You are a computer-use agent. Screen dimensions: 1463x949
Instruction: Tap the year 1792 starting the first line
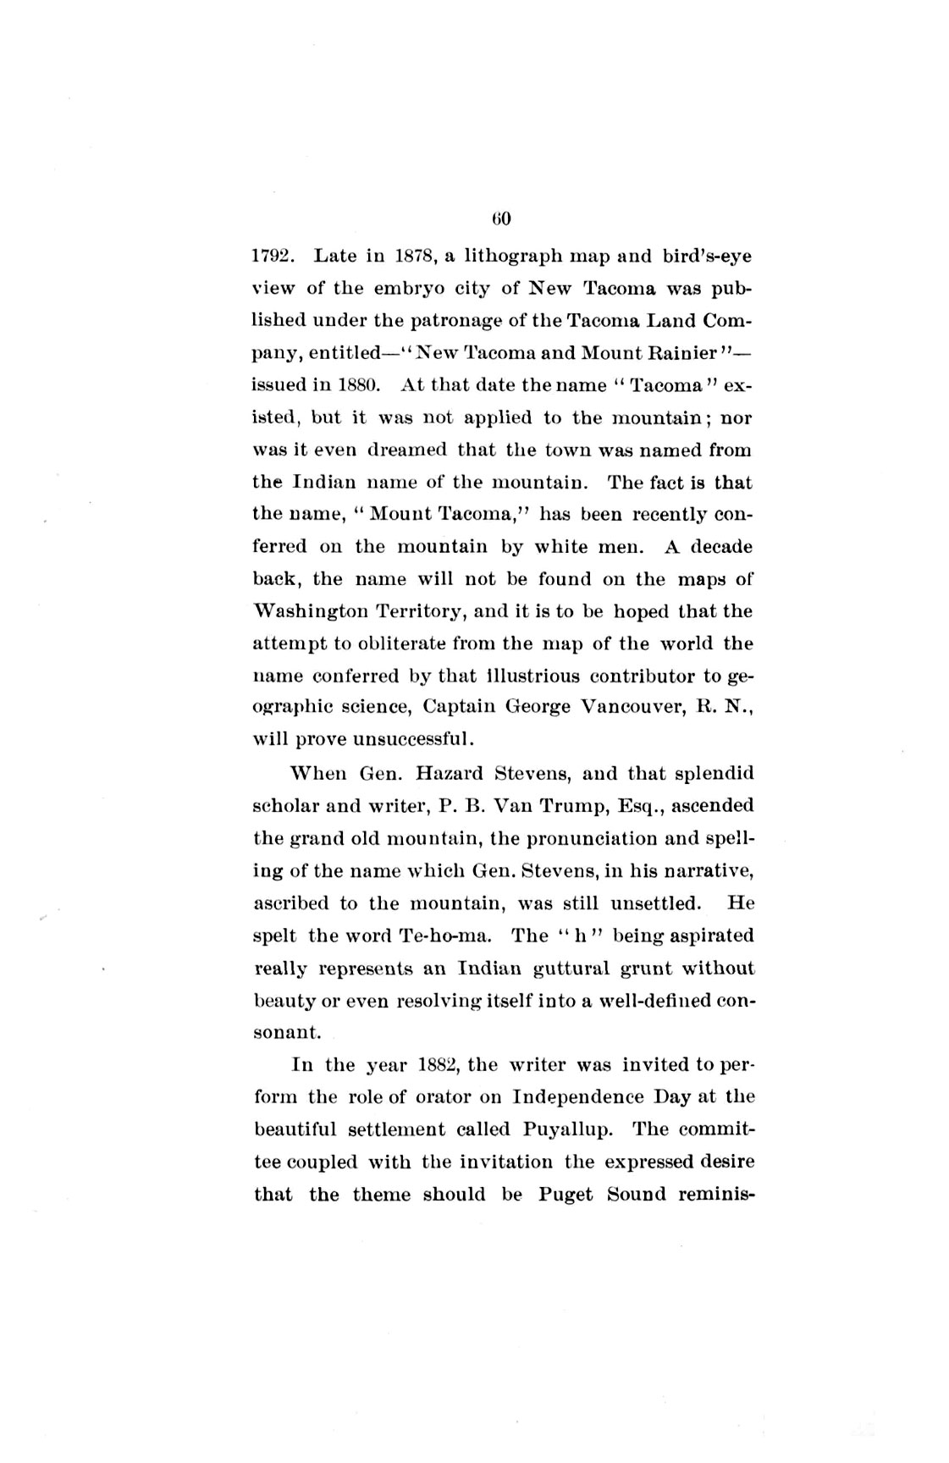click(x=273, y=255)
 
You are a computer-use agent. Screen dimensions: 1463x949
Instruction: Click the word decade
click(x=721, y=546)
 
